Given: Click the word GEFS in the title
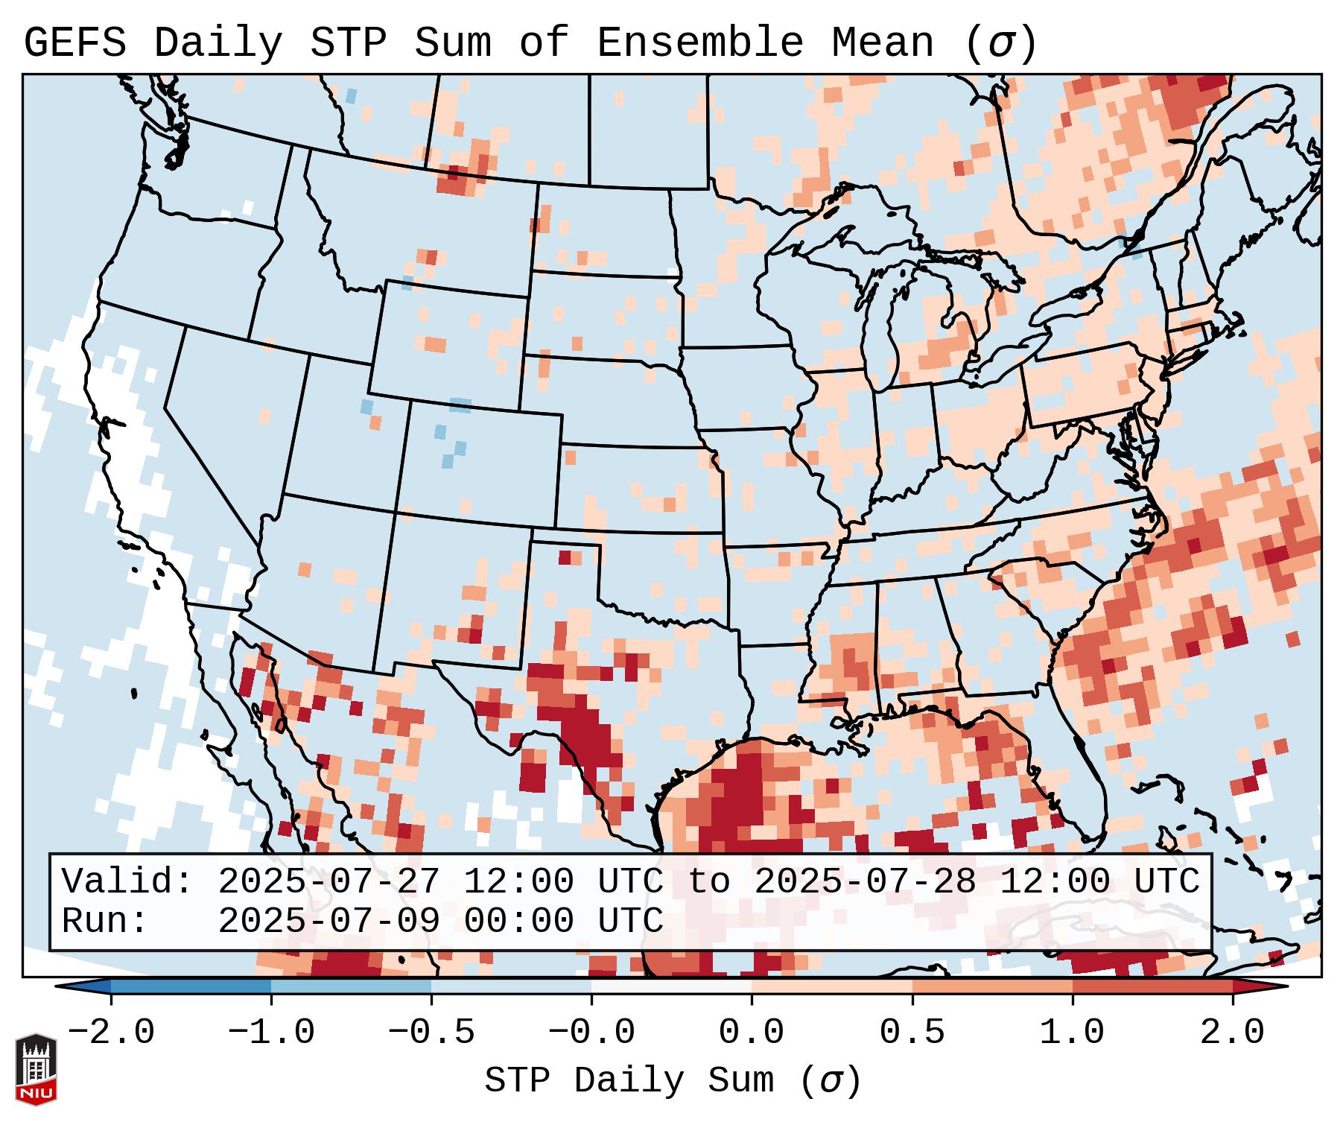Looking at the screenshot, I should coord(74,43).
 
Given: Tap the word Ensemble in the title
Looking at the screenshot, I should coord(700,43).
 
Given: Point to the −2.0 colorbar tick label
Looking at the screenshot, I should coord(111,1033).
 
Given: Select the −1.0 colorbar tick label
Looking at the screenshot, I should coord(271,1033).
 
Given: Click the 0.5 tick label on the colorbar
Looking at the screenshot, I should coord(912,1033).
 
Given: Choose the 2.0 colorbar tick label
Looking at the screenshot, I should coord(1233,1033).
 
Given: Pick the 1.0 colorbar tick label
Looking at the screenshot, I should coord(1072,1033).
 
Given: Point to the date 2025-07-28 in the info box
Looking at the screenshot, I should coord(865,882).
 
